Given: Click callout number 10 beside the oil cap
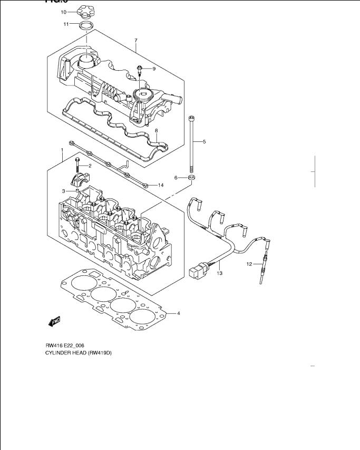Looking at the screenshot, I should [x=63, y=12].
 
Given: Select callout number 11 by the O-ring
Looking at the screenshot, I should [x=66, y=24].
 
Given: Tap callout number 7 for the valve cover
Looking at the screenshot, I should [x=135, y=41].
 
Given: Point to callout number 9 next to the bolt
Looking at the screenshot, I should [x=154, y=69].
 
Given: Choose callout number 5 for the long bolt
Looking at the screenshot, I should [x=204, y=142].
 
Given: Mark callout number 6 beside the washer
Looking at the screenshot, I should [x=177, y=178].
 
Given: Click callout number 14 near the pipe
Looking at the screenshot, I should [x=161, y=185].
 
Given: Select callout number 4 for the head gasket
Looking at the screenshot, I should [x=178, y=314].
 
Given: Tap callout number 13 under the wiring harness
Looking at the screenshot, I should [x=220, y=273].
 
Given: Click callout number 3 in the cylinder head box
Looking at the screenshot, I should [x=64, y=191].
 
